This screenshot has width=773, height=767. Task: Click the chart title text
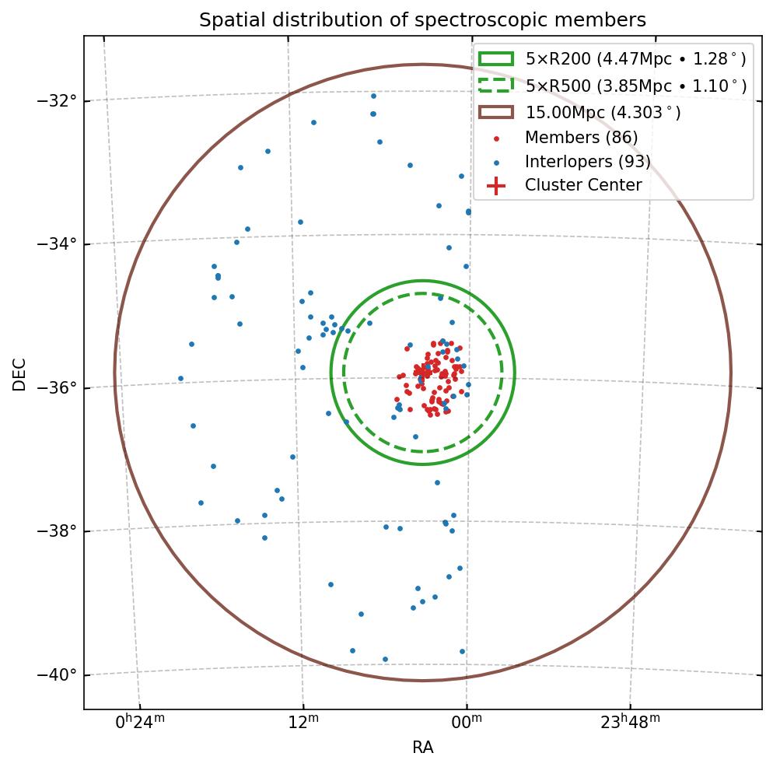click(422, 20)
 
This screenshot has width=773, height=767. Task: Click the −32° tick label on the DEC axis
click(57, 101)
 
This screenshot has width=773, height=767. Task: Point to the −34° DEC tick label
click(57, 244)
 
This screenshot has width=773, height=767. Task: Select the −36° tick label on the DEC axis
click(57, 387)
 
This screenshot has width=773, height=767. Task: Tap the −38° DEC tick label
click(57, 531)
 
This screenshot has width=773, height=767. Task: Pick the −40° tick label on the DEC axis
click(57, 674)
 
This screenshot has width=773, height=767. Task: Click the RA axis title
click(422, 748)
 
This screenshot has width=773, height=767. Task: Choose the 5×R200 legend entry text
click(635, 58)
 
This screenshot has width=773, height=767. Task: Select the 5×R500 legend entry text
click(635, 86)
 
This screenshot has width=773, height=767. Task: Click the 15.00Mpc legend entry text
click(603, 113)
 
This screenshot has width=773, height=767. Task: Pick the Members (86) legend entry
click(581, 138)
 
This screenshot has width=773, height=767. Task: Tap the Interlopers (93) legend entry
click(587, 162)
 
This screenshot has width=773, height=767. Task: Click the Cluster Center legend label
click(583, 185)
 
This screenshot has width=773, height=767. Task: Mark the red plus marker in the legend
click(496, 185)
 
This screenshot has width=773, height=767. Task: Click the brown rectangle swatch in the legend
click(496, 113)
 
